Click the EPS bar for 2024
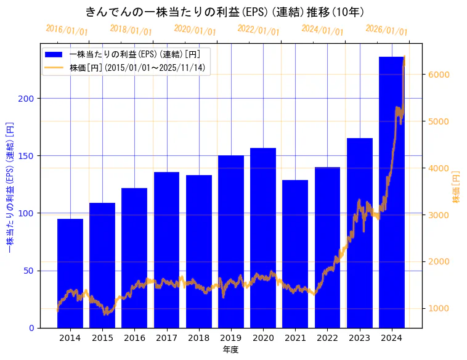392,192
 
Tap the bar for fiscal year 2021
295,253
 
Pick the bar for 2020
263,237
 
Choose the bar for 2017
166,250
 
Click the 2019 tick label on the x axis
231,338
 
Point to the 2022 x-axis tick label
327,338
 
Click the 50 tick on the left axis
30,271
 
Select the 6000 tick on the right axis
439,75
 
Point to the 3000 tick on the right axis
439,215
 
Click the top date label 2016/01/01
67,30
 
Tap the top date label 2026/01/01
386,30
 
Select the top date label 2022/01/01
259,30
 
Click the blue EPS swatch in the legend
54,54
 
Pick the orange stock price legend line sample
54,67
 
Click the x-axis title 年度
230,350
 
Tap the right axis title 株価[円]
457,187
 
